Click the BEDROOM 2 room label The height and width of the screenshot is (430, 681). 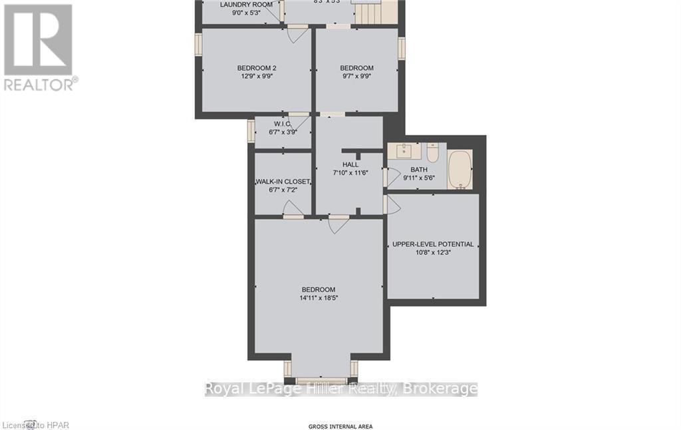pos(257,68)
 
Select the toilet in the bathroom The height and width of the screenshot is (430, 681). pos(432,153)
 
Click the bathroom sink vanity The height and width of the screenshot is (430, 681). pos(404,152)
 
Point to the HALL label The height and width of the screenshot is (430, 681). pos(350,164)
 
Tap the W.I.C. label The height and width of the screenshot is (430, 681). pos(283,124)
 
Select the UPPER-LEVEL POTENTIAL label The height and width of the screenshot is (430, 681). pos(433,244)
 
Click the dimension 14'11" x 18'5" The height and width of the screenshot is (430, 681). pos(319,298)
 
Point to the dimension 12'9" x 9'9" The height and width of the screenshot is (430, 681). pos(257,76)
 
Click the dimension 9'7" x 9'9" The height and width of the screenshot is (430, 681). pos(356,76)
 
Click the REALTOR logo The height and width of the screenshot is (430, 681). pos(39,47)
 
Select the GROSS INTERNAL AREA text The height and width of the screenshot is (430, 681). pos(340,426)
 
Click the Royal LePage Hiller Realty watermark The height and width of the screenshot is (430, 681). pos(340,389)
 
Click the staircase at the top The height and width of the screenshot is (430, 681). pos(375,11)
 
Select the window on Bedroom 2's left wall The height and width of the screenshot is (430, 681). pos(198,44)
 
